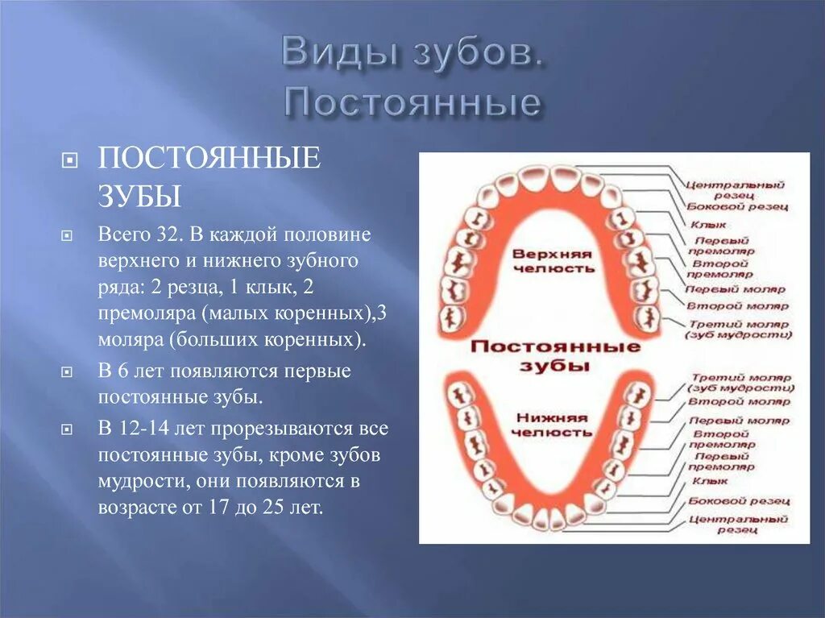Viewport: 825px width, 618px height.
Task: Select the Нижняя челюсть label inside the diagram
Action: [553, 425]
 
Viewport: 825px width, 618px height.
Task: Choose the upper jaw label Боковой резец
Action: [736, 207]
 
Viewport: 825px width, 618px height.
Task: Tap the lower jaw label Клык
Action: [709, 481]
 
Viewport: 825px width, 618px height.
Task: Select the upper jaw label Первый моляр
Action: [734, 288]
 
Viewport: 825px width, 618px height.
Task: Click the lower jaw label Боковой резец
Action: [739, 500]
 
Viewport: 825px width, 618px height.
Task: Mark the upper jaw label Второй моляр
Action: [737, 305]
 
